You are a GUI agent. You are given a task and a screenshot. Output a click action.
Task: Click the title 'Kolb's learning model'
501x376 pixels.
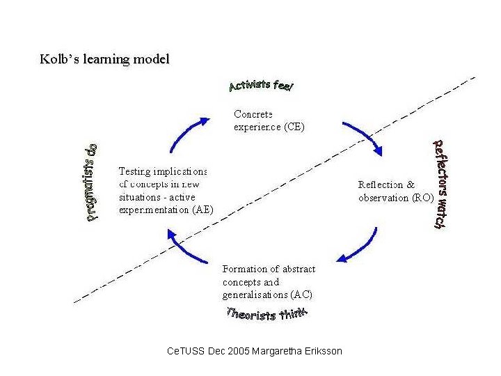tap(104, 59)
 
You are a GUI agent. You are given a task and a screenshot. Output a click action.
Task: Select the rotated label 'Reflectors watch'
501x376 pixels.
tap(438, 184)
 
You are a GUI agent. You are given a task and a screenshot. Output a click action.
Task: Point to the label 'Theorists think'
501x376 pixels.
tap(268, 314)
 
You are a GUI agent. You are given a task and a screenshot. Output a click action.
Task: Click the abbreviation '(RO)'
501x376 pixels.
tap(422, 198)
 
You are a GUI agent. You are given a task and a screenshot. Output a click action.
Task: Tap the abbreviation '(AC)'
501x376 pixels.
tap(291, 295)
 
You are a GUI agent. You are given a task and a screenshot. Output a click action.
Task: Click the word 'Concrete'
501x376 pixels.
tap(253, 113)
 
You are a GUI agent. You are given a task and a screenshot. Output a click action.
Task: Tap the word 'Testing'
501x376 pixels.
tap(135, 171)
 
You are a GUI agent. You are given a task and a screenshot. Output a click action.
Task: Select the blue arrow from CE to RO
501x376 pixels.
tap(362, 135)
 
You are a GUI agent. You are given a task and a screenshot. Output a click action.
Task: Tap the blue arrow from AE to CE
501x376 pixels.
tap(187, 133)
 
